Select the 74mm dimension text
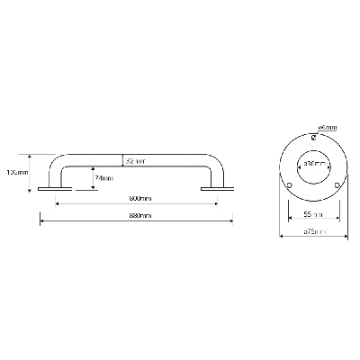coord(104,178)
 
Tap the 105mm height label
coord(18,171)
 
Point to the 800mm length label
coord(139,198)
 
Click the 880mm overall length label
coord(139,217)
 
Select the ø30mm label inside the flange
coord(312,165)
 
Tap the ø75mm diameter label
coord(312,233)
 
